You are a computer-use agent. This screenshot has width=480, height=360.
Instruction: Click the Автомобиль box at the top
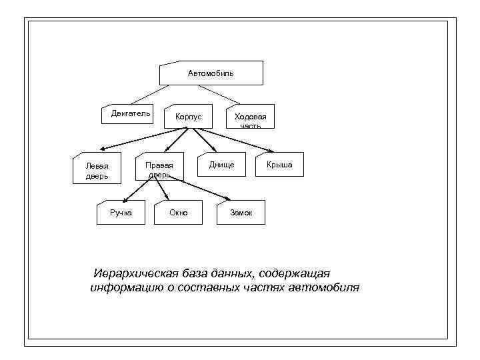tap(211, 73)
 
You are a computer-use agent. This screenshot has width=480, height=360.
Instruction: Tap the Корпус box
tap(188, 117)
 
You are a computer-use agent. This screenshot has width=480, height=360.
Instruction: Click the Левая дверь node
tap(97, 171)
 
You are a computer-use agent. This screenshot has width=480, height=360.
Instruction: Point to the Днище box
tap(221, 164)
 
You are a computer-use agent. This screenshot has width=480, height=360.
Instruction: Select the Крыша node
tap(279, 164)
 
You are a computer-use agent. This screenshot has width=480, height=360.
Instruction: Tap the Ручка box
tap(121, 212)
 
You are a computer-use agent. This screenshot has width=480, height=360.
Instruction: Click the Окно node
tap(178, 212)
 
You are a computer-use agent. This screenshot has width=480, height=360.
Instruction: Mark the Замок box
tap(241, 212)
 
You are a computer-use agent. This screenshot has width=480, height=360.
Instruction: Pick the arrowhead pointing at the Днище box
tap(215, 151)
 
